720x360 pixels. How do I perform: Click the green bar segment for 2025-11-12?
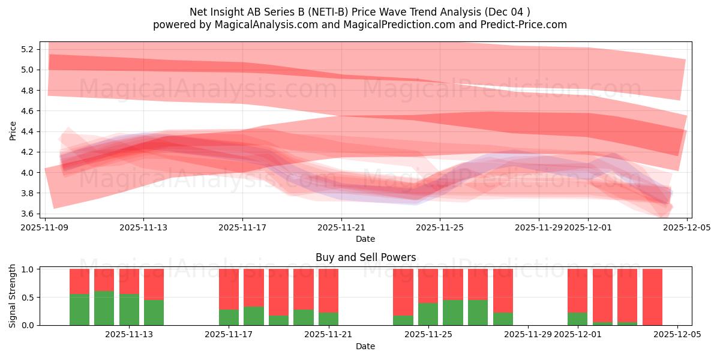tap(104, 308)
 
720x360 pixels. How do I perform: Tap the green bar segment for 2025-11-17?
tap(229, 317)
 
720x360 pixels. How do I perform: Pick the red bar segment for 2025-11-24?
tap(403, 292)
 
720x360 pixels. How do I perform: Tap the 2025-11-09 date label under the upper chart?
tap(45, 227)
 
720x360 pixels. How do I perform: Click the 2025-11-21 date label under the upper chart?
tap(341, 227)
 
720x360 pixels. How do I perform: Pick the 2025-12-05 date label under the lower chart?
tap(677, 335)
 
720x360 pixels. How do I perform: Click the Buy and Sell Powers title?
tap(365, 257)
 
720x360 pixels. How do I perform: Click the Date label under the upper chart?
tap(365, 239)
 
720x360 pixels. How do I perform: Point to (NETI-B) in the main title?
tap(323, 11)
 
